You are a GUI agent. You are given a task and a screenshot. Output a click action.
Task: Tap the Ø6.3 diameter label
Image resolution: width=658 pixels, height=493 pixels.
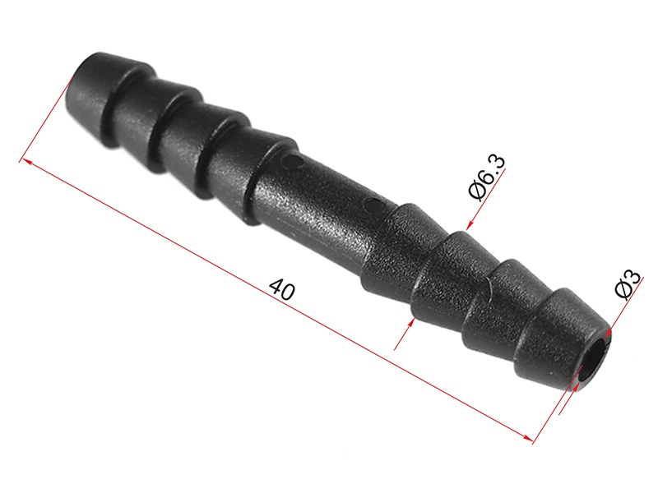(487, 177)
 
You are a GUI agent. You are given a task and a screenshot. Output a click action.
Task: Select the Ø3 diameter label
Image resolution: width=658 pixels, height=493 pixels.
(628, 284)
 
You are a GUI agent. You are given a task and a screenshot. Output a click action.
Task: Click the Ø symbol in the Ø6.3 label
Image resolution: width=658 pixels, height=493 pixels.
(478, 191)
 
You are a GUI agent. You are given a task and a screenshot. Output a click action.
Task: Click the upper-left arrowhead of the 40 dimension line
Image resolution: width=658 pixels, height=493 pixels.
(25, 161)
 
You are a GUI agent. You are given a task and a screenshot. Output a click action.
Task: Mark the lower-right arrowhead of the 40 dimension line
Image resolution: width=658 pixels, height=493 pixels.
(527, 437)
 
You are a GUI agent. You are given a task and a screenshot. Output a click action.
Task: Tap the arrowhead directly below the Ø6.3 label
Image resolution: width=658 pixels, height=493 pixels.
(470, 225)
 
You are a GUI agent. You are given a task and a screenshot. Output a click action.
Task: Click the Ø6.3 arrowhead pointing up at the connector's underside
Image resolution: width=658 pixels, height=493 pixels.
(411, 323)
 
